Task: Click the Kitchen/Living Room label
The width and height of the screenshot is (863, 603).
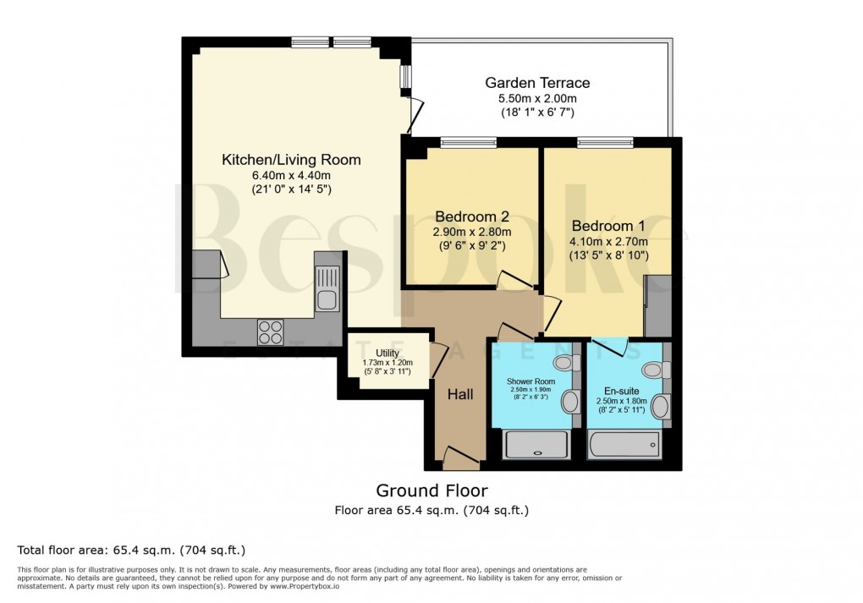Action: click(x=291, y=160)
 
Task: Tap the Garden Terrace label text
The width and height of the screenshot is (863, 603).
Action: click(x=537, y=83)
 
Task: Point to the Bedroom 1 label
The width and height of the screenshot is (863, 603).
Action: click(x=608, y=226)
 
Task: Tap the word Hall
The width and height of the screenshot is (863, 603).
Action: click(x=460, y=395)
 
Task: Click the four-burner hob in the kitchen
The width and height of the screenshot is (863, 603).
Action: click(x=271, y=331)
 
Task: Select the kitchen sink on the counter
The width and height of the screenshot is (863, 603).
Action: click(x=327, y=288)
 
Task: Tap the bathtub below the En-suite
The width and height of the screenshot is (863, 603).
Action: click(x=624, y=443)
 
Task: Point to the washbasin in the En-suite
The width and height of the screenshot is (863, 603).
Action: click(x=660, y=407)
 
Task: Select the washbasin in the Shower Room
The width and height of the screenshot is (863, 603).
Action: click(x=569, y=401)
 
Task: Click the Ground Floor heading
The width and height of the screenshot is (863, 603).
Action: click(x=431, y=491)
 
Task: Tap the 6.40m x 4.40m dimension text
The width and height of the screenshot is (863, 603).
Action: click(x=290, y=176)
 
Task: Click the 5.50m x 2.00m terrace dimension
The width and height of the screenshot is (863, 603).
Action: click(x=537, y=99)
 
